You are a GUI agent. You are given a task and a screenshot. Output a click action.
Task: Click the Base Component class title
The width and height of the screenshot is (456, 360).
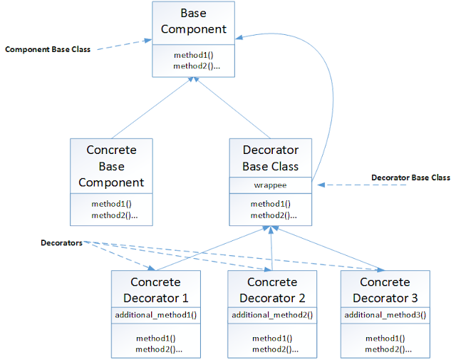pos(192,21)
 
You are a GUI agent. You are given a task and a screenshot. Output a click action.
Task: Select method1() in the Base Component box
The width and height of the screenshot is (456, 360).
pos(192,55)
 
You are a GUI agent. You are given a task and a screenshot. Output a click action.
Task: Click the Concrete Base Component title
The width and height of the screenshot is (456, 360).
pos(111,165)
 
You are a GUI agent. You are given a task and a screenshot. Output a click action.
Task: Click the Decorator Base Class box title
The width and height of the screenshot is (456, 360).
pos(270,158)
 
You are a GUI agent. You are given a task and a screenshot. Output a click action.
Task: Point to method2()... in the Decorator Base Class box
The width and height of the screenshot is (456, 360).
pos(274,215)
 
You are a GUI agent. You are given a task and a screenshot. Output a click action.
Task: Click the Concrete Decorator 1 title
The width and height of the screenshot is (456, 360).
pos(156,289)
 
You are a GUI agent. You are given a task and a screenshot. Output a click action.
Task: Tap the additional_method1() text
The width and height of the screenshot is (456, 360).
pos(156,314)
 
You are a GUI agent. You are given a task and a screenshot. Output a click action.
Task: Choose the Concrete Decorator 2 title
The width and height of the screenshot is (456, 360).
pos(272,289)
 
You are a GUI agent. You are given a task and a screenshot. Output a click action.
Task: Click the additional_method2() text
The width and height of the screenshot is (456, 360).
pos(272,314)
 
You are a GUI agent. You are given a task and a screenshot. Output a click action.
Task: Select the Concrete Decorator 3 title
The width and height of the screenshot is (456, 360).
pos(385,289)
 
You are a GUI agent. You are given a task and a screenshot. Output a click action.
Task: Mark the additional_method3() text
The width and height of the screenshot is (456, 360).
pos(385,314)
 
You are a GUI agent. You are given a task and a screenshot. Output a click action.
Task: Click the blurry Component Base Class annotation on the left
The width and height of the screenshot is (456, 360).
pos(48,50)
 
